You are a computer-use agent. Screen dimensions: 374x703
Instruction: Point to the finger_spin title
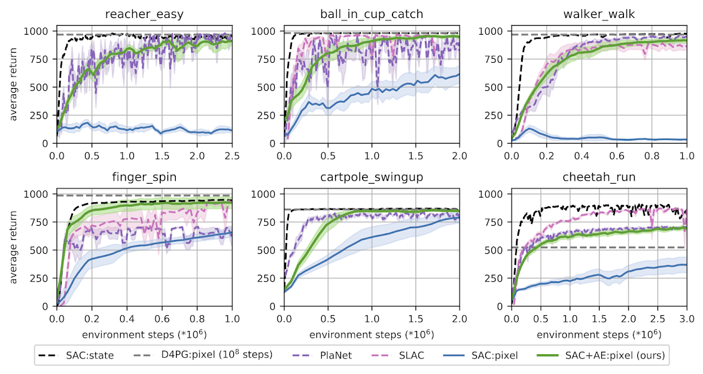pos(144,177)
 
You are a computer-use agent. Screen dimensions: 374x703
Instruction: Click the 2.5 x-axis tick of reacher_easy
pos(232,154)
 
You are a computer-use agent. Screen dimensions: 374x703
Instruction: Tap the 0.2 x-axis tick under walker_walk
pos(546,154)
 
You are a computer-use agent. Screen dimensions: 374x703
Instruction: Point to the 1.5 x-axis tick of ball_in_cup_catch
pos(415,154)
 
